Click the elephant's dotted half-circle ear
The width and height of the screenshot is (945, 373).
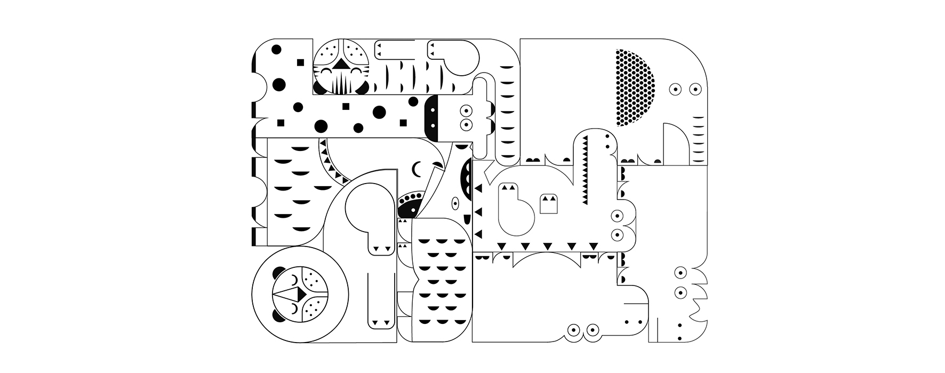pyautogui.click(x=635, y=87)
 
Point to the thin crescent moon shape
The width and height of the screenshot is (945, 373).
pyautogui.click(x=416, y=170)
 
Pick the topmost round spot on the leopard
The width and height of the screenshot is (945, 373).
pyautogui.click(x=276, y=50)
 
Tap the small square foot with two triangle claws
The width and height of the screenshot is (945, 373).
pyautogui.click(x=548, y=203)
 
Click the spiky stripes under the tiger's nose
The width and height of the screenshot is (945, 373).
pyautogui.click(x=339, y=84)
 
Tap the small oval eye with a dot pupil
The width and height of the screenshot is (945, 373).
pyautogui.click(x=455, y=203)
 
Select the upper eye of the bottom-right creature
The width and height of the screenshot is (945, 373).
pyautogui.click(x=680, y=273)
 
